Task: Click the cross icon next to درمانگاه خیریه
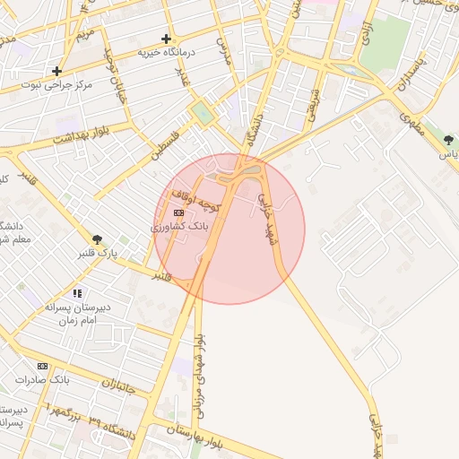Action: (166, 39)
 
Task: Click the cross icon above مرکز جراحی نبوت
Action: (57, 70)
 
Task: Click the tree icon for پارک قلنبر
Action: (97, 239)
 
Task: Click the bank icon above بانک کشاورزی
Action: (178, 212)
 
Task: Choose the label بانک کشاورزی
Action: (179, 227)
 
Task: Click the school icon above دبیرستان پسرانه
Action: (78, 293)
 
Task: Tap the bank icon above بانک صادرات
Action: (42, 366)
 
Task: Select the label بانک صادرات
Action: (42, 380)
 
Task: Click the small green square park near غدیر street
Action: (203, 114)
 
